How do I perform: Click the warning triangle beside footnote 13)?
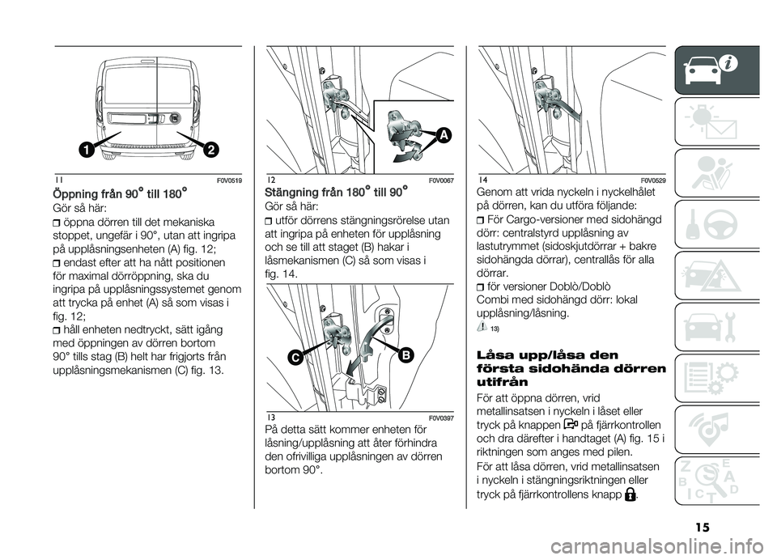[x=483, y=327]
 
